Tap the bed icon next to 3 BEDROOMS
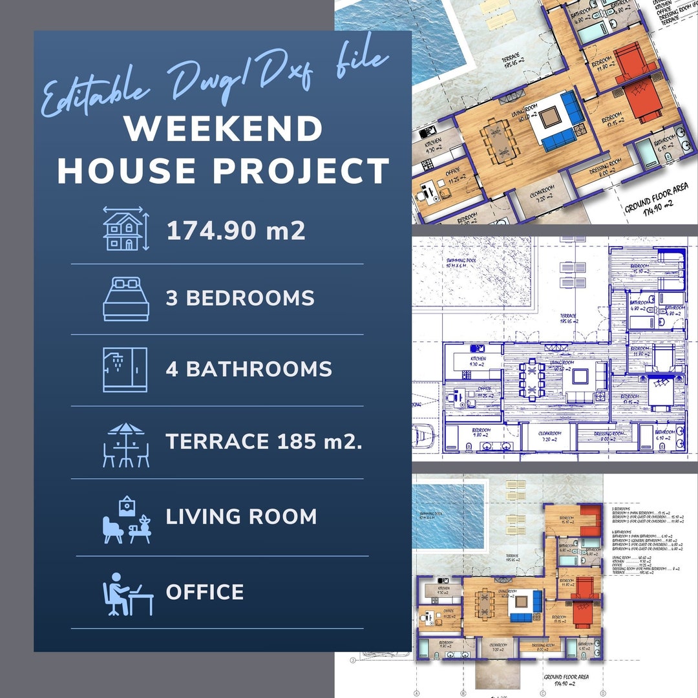coord(126,299)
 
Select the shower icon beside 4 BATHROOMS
coord(125,370)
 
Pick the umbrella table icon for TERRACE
coord(126,445)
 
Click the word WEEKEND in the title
coord(224,129)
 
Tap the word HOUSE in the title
coord(129,171)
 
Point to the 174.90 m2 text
coord(236,231)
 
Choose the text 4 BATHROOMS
coord(249,370)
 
